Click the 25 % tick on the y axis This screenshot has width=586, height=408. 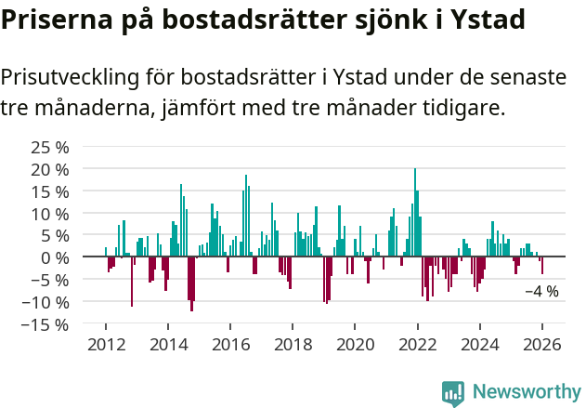pyautogui.click(x=50, y=147)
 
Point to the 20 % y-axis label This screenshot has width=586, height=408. pyautogui.click(x=50, y=169)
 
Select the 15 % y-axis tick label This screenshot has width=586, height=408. pyautogui.click(x=50, y=191)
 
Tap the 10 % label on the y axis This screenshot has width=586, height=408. pyautogui.click(x=50, y=214)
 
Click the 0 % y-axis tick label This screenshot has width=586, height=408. pyautogui.click(x=55, y=257)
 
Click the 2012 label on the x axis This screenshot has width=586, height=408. pyautogui.click(x=106, y=345)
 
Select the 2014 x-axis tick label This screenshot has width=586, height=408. pyautogui.click(x=168, y=345)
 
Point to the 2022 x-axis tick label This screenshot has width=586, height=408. pyautogui.click(x=417, y=345)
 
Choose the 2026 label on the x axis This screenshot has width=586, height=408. pyautogui.click(x=542, y=345)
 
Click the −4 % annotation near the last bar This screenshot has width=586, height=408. pyautogui.click(x=541, y=291)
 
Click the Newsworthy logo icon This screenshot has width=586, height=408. pyautogui.click(x=453, y=392)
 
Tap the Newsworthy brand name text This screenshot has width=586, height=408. pyautogui.click(x=526, y=392)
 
